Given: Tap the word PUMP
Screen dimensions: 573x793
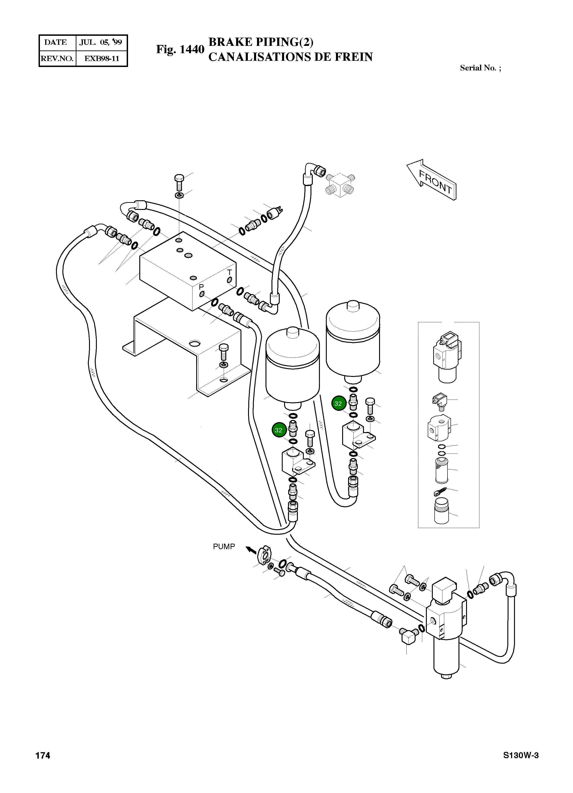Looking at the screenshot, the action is pyautogui.click(x=224, y=546).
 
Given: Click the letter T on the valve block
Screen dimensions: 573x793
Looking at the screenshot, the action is pyautogui.click(x=229, y=272).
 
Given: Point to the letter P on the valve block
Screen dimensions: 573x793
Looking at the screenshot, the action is pyautogui.click(x=201, y=287).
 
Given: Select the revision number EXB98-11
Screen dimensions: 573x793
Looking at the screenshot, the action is pyautogui.click(x=101, y=58).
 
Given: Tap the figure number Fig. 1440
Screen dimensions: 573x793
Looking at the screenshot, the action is pyautogui.click(x=180, y=49).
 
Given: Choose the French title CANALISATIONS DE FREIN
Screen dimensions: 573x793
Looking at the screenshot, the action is pyautogui.click(x=290, y=57).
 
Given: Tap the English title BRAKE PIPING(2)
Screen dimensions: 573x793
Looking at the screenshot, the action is pyautogui.click(x=261, y=42).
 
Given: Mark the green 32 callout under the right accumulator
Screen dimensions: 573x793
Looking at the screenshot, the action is pyautogui.click(x=338, y=403).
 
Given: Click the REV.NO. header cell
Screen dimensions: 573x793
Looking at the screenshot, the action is pyautogui.click(x=57, y=58).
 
